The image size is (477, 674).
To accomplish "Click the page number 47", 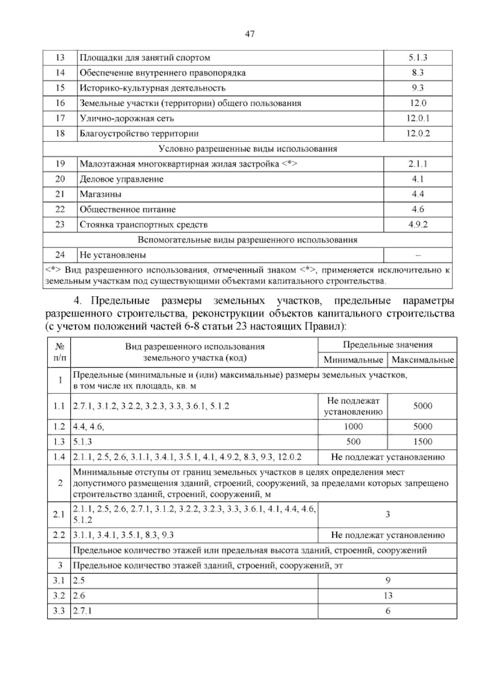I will [250, 34].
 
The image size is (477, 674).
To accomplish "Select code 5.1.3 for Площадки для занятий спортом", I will [418, 58].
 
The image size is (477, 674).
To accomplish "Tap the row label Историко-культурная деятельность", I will [153, 88].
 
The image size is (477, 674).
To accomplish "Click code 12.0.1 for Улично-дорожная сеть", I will [418, 118].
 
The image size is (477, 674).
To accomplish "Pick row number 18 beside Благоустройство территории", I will [60, 134].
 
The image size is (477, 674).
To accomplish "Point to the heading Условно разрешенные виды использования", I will [248, 149].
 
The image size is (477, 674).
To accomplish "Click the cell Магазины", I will [101, 194].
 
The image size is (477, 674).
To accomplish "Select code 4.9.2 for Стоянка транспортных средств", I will [418, 225].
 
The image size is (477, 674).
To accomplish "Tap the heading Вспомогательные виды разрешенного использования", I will [248, 240].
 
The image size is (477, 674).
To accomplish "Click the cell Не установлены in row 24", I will [113, 255].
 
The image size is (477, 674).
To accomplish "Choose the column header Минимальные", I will [353, 360].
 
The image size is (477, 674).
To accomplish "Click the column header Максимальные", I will [423, 360].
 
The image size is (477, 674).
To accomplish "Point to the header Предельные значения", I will [388, 345].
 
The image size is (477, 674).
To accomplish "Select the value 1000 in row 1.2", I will [353, 427].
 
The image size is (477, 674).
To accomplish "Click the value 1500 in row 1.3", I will [423, 442].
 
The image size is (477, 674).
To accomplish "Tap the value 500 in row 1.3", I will [353, 442].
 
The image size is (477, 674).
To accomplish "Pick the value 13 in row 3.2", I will [388, 595].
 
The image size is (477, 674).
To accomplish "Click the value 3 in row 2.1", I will [388, 514].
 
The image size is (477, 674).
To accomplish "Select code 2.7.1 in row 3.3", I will [83, 611].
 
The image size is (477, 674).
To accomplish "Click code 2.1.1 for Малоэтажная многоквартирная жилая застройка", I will [418, 164].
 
